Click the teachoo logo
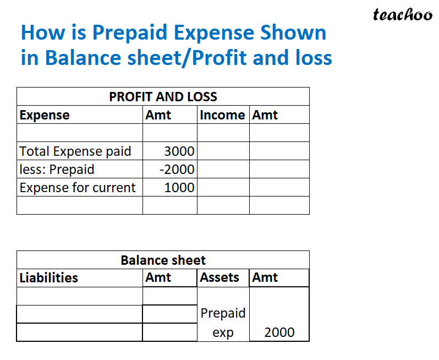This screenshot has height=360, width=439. [403, 15]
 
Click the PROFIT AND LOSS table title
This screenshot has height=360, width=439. [163, 97]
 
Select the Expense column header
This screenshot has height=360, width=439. [45, 115]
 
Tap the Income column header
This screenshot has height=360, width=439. [222, 115]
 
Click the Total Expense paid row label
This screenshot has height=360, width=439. [75, 151]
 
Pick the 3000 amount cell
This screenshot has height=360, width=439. [179, 151]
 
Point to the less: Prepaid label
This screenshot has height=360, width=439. [57, 169]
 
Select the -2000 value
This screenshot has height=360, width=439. [177, 169]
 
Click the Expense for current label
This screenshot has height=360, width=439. [78, 187]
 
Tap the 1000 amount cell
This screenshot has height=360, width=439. [179, 187]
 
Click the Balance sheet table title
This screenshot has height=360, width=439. [163, 260]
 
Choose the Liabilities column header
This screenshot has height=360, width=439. [48, 278]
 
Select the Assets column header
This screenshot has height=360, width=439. [219, 277]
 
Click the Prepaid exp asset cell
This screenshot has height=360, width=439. [223, 323]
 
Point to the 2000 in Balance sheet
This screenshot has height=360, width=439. [279, 332]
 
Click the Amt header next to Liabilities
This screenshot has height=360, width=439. [158, 278]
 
